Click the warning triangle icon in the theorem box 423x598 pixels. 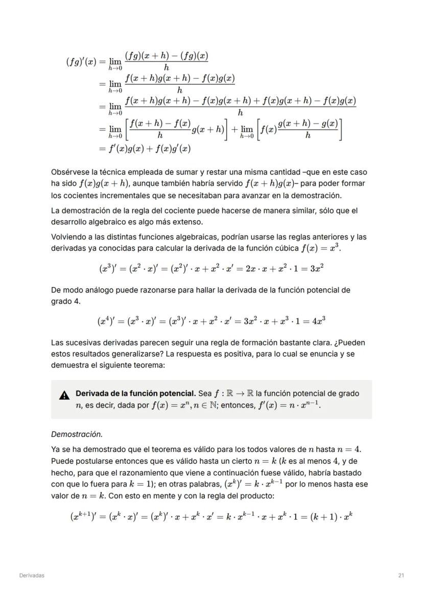pos(64,395)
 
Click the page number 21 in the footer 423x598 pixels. pos(401,576)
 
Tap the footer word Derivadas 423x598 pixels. pos(32,576)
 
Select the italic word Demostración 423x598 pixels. pos(77,435)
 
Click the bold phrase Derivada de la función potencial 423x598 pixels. pos(135,394)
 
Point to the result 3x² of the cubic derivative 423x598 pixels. pos(316,268)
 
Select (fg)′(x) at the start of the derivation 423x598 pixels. pos(81,62)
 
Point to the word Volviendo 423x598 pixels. pos(68,237)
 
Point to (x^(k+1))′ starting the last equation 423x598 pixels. pos(83,516)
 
